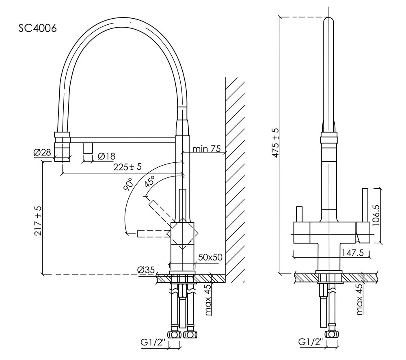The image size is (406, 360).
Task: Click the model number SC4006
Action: coord(37,28)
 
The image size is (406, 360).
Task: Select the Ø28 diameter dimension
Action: coord(42,153)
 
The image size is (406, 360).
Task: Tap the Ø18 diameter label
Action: coord(107,156)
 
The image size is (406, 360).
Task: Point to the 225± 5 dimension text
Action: coord(127,167)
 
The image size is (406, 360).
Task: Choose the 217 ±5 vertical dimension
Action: coord(38,221)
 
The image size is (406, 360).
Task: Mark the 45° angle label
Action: coord(150,182)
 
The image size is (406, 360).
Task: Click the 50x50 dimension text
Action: coord(210,257)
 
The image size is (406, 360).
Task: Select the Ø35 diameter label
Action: coord(145,269)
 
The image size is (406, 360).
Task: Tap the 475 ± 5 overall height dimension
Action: coord(275,143)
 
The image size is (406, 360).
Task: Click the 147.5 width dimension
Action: coord(352,252)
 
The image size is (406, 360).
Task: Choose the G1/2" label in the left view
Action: coord(152,343)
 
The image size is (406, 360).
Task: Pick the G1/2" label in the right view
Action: coord(311,342)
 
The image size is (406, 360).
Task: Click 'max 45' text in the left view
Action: coord(208,300)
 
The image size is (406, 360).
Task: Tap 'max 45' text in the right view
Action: coord(359,300)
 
